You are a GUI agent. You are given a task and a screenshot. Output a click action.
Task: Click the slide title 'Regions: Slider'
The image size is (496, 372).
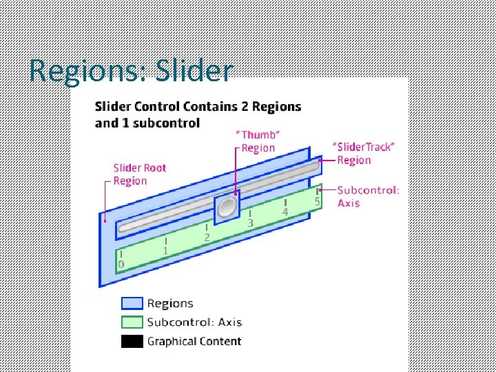point(132,71)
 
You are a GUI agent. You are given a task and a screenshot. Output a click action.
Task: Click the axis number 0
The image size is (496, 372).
point(121,264)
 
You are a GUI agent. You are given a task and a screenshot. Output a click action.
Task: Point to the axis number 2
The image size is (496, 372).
point(207,237)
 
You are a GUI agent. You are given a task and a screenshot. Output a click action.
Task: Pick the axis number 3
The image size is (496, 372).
point(250,223)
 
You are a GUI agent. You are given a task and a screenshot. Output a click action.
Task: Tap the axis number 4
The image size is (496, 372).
point(285,212)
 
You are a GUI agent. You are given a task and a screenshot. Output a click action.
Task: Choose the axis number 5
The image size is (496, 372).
point(317,201)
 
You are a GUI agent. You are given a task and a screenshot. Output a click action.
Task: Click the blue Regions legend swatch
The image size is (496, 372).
point(132,303)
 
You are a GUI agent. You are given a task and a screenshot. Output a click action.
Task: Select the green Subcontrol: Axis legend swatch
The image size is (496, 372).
point(132,322)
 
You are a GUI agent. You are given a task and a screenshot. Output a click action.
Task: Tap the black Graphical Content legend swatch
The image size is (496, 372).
point(132,341)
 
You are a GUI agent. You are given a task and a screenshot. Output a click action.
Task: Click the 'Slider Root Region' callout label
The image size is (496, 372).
point(140,174)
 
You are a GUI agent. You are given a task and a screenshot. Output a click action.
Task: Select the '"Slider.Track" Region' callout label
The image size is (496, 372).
point(363,153)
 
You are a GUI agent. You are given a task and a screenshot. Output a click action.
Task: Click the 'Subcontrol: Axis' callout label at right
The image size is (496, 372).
point(368,196)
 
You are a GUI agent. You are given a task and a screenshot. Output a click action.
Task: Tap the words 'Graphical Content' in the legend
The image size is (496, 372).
point(194,341)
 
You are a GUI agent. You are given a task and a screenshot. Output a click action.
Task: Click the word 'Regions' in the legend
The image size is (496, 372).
point(170,303)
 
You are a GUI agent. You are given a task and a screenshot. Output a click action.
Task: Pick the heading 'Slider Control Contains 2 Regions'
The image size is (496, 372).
point(198,107)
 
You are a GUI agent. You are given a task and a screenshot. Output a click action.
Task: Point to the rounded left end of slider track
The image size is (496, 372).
point(123,227)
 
